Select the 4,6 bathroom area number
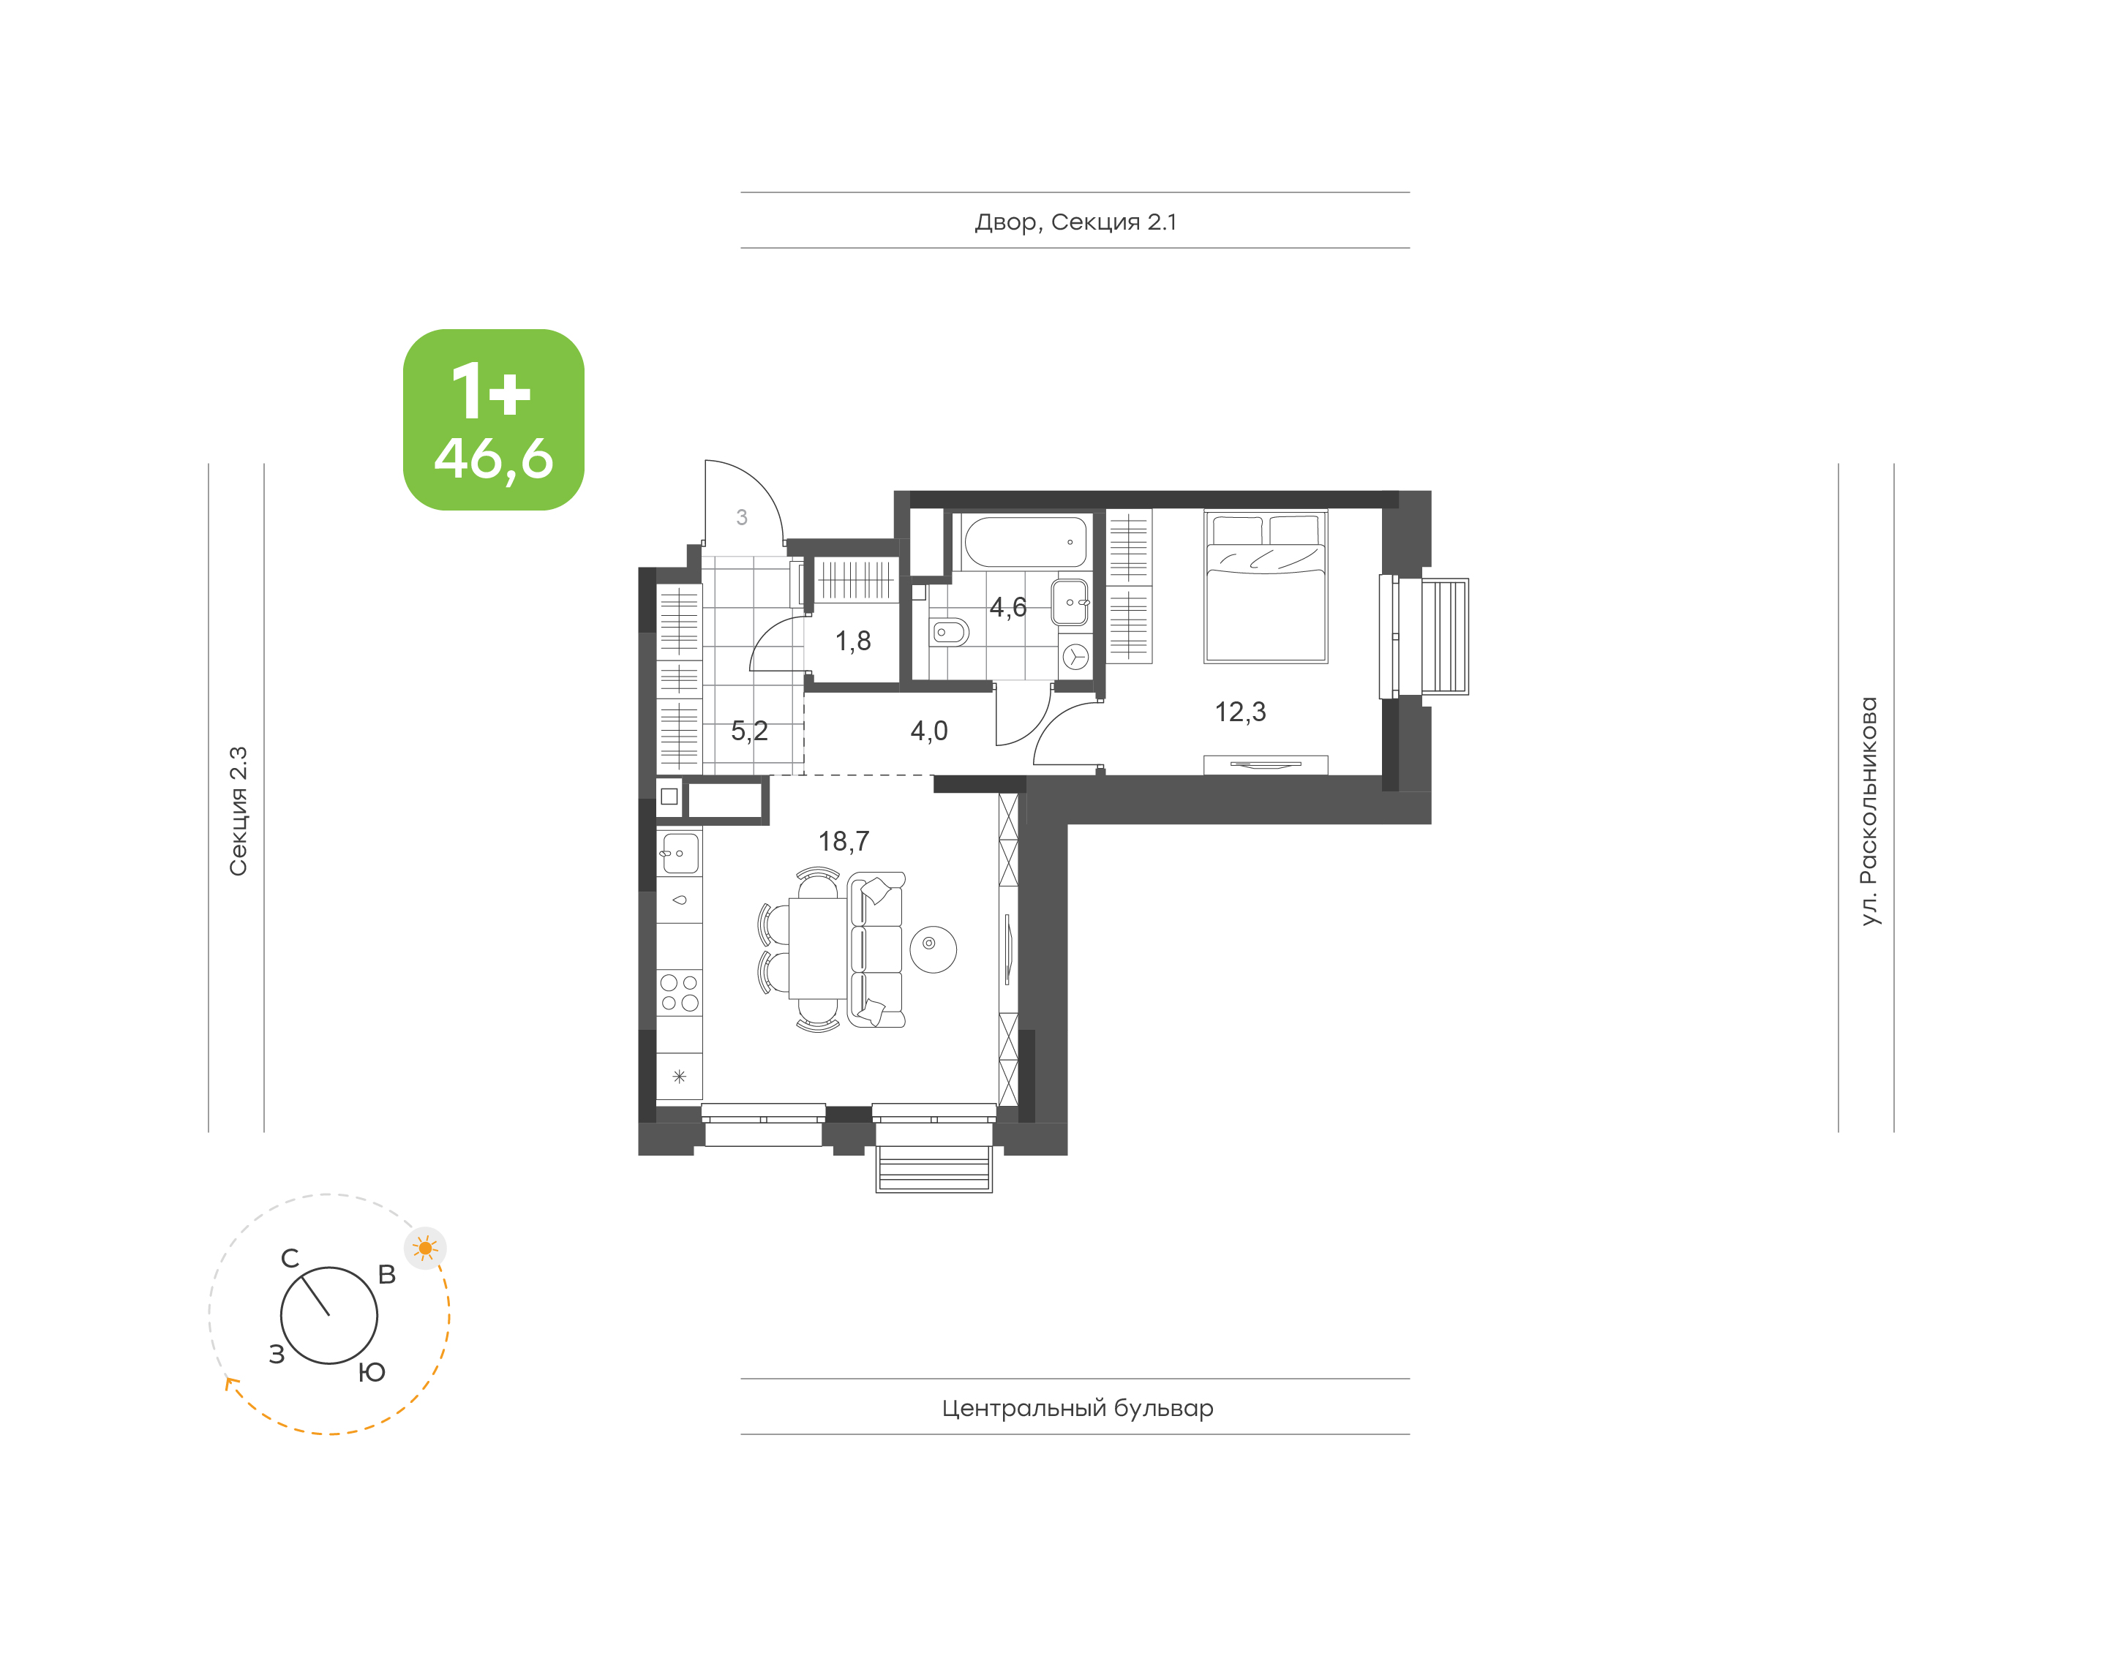coord(1007,608)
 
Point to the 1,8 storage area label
coord(852,641)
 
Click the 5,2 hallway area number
coord(748,731)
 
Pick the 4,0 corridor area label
coord(928,731)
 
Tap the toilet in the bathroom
coord(950,632)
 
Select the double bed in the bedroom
coord(1265,587)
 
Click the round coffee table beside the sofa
coord(932,949)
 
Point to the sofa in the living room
coord(876,949)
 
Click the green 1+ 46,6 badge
coord(494,420)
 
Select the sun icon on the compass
coord(425,1248)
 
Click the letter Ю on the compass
coord(372,1371)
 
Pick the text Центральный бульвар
coord(1077,1408)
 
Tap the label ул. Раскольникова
coord(1869,811)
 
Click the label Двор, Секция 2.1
coord(1075,222)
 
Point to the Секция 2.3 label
coord(238,811)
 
